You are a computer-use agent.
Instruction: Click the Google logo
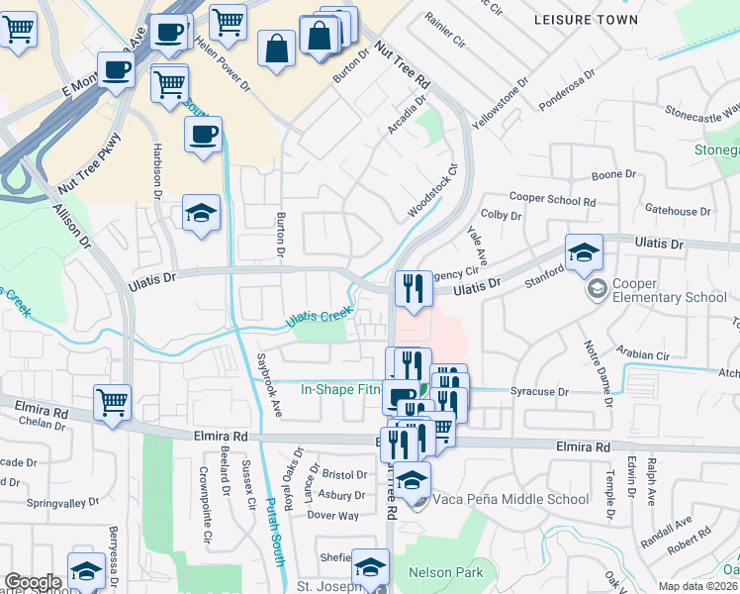point(33,581)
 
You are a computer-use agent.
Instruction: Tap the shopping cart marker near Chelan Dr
point(113,402)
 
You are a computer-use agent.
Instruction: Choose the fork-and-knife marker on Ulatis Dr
point(413,288)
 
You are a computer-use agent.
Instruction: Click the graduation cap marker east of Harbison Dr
point(201,212)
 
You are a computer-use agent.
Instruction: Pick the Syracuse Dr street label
point(539,392)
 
